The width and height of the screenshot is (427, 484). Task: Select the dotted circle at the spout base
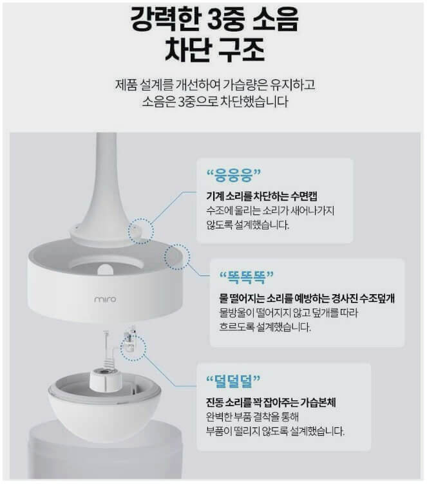coord(141,229)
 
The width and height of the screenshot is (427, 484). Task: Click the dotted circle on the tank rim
coord(177,257)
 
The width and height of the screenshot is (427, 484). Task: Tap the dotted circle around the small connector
coord(134,348)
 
